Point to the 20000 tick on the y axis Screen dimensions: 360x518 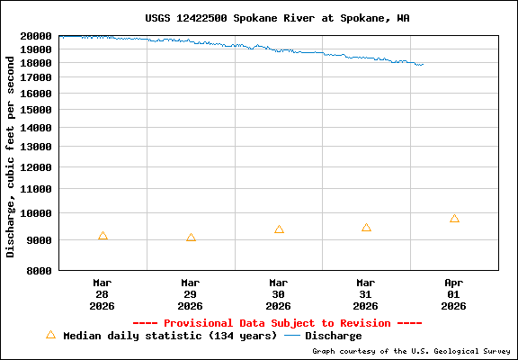coord(37,36)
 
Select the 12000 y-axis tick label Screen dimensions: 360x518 coord(37,167)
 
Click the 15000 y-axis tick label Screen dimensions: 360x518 coord(37,110)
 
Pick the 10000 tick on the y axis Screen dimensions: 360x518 coord(37,213)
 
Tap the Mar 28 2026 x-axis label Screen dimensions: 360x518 coord(103,293)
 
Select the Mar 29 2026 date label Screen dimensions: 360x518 coord(190,293)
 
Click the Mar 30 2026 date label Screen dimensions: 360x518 coord(278,293)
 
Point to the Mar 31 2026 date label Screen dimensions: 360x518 coord(366,293)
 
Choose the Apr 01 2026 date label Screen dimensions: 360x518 coord(453,293)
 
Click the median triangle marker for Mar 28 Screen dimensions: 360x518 coord(103,236)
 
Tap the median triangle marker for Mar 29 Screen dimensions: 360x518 coord(191,238)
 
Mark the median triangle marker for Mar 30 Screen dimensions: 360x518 coord(279,229)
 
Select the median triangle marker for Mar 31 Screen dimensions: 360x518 coord(366,228)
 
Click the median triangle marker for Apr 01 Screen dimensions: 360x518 coord(454,219)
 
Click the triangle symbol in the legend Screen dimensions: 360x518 coord(50,335)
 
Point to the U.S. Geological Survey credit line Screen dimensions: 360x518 coord(412,351)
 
